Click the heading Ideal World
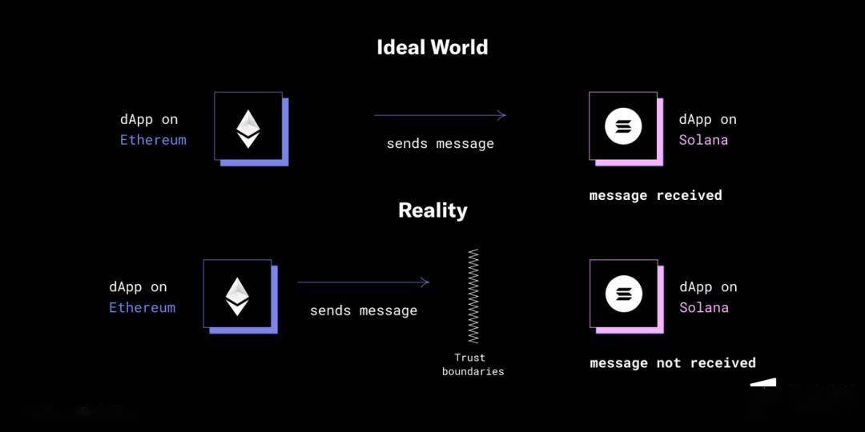(432, 47)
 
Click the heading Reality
(432, 210)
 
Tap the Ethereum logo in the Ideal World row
(248, 128)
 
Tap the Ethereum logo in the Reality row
(237, 295)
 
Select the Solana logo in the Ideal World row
(623, 126)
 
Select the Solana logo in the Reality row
(623, 294)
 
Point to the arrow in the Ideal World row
(440, 115)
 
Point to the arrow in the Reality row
(364, 282)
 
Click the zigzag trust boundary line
(473, 296)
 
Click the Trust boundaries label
(473, 365)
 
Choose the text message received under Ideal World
(655, 195)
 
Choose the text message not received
(673, 363)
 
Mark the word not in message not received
(669, 363)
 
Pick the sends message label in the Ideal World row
(440, 144)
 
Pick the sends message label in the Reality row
(364, 310)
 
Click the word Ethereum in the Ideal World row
(153, 140)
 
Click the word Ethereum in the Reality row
(142, 307)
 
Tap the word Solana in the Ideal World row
(703, 140)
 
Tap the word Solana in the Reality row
(704, 307)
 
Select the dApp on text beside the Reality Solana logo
(708, 287)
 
